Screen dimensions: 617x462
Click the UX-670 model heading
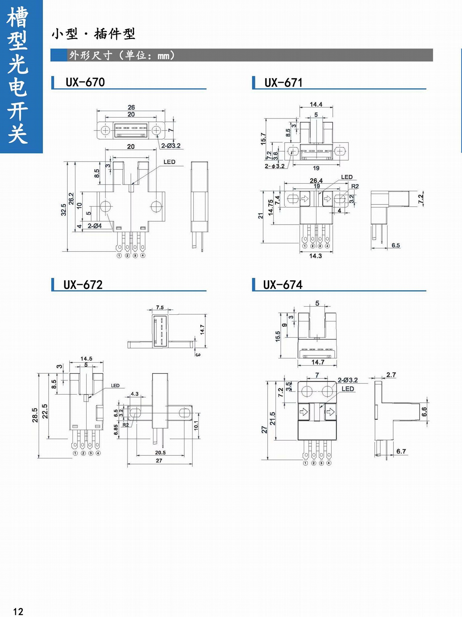[85, 82]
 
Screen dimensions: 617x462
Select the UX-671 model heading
[283, 83]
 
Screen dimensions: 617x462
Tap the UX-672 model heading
[83, 285]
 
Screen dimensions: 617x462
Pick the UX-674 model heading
[283, 285]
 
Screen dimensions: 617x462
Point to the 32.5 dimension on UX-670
[64, 210]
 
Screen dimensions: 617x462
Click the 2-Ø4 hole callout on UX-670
[95, 226]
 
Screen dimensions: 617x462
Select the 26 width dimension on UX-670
[131, 107]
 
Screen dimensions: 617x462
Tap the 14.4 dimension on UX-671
[316, 104]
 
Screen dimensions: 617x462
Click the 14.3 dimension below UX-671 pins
[315, 256]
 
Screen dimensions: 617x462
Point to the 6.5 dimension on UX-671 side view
[396, 245]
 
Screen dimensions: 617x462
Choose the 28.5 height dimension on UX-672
[35, 415]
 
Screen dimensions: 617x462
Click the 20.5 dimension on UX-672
[160, 453]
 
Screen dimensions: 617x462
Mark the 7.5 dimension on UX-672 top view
[160, 307]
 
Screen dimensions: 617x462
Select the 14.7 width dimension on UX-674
[318, 362]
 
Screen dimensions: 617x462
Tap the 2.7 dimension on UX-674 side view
[391, 375]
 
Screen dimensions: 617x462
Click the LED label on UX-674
[348, 389]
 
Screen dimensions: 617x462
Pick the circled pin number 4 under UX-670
[143, 255]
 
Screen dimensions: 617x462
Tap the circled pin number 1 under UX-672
[75, 453]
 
